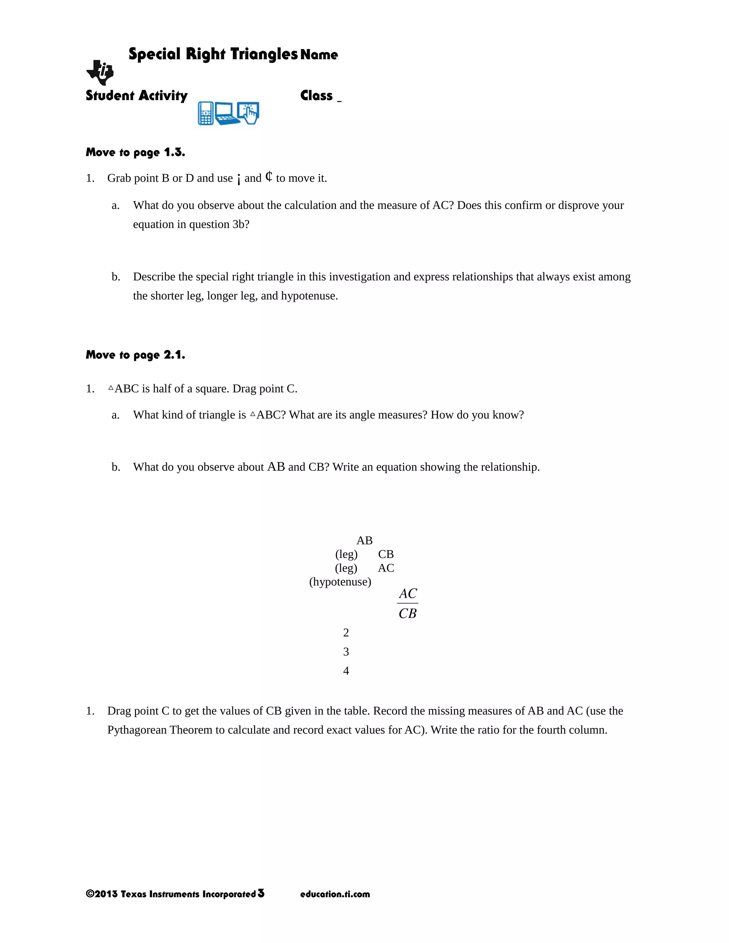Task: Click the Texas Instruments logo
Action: pyautogui.click(x=100, y=73)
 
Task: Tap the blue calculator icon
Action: pyautogui.click(x=206, y=114)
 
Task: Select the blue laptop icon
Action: pyautogui.click(x=227, y=114)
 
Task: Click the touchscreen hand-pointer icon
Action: pyautogui.click(x=249, y=113)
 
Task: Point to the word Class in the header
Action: pyautogui.click(x=316, y=95)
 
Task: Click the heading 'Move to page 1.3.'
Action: pyautogui.click(x=135, y=152)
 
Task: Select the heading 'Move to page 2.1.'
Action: pyautogui.click(x=135, y=355)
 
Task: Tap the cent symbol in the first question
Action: pyautogui.click(x=269, y=177)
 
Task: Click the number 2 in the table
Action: pyautogui.click(x=346, y=633)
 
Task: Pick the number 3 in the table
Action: pyautogui.click(x=346, y=652)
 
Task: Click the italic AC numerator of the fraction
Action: pyautogui.click(x=408, y=594)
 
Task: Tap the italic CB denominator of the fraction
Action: pyautogui.click(x=407, y=613)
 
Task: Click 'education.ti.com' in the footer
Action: pyautogui.click(x=335, y=894)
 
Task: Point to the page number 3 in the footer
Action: pyautogui.click(x=261, y=893)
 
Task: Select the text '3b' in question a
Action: pyautogui.click(x=239, y=225)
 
